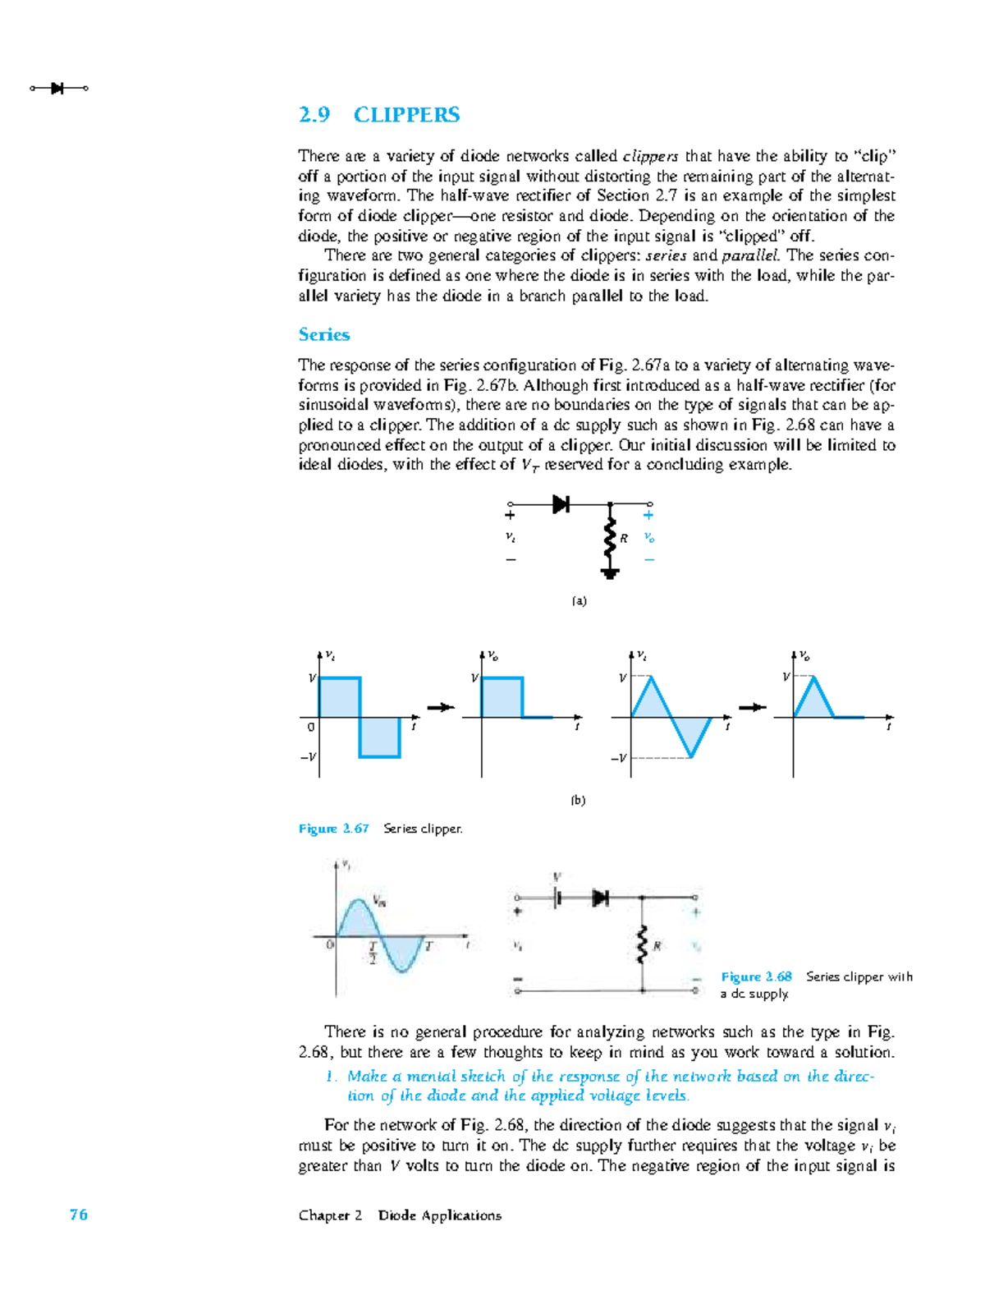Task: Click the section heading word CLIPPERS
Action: coord(406,115)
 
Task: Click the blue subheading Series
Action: coord(323,335)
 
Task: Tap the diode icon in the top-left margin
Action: coord(57,88)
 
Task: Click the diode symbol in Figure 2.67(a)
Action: coord(561,504)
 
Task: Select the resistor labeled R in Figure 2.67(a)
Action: coord(610,538)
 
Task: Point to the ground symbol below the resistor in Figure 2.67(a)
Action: coord(609,574)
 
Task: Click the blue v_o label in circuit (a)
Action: coord(649,538)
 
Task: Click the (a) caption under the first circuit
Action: coord(580,601)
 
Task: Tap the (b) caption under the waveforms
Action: coord(579,800)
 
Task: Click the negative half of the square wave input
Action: coord(379,737)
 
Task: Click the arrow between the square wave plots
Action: coord(441,707)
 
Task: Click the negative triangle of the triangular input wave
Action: coord(692,733)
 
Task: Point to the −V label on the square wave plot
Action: coord(308,757)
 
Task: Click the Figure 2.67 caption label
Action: coord(333,829)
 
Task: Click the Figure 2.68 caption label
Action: coord(756,976)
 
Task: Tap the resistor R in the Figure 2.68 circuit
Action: coord(642,945)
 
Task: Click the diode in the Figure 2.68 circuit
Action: coord(601,898)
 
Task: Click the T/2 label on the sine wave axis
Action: coord(373,953)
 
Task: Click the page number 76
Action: coord(79,1215)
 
